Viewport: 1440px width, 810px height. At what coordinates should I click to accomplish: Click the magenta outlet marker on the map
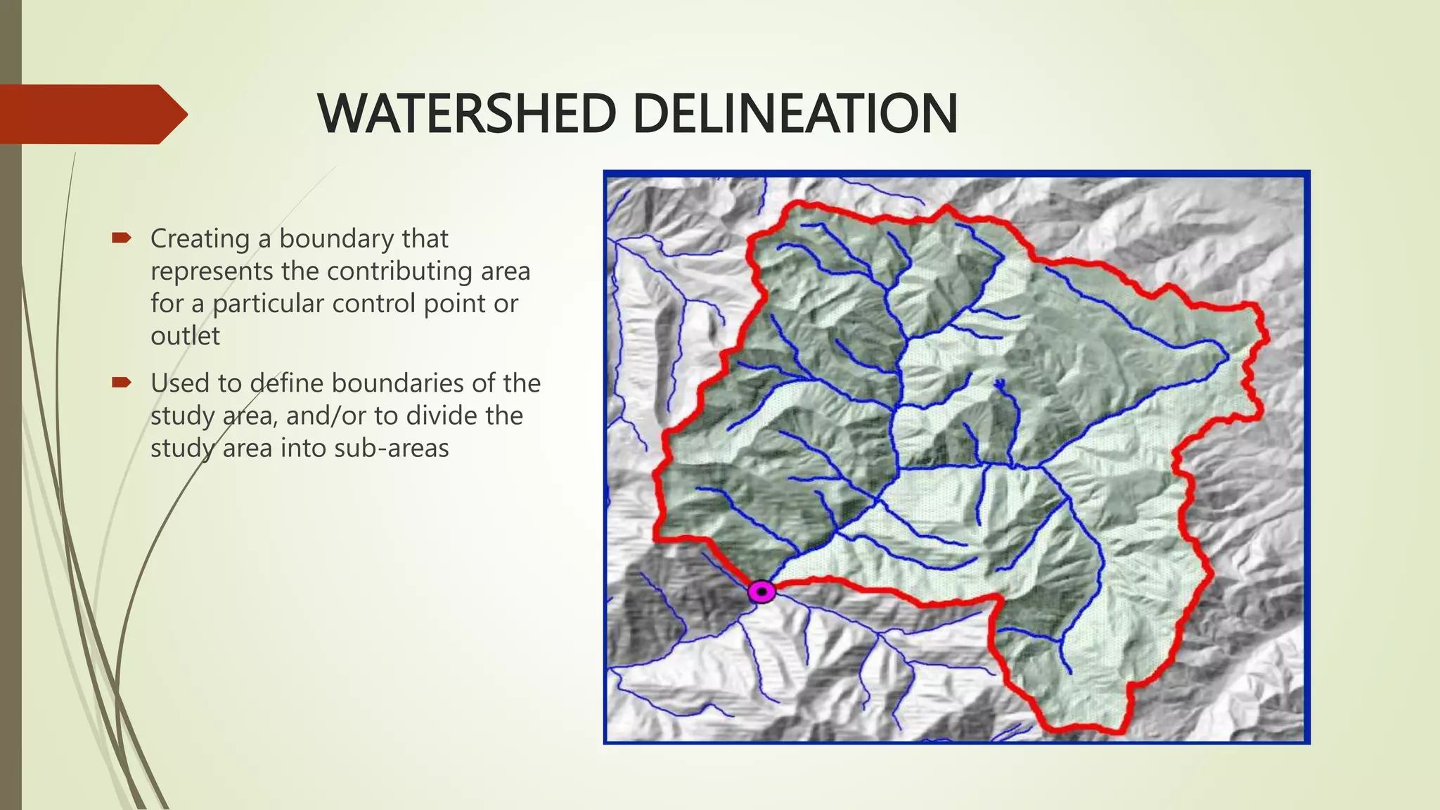tap(761, 591)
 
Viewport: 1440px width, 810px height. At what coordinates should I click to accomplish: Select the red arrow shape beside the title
tap(91, 114)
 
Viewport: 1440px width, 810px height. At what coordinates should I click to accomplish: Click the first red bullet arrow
tap(121, 239)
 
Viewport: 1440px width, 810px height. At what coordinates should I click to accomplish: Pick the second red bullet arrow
tap(121, 383)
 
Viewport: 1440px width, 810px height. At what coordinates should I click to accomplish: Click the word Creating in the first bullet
tap(200, 239)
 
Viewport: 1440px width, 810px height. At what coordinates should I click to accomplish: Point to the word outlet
tap(185, 336)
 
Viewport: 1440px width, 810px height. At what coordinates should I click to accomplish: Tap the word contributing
tap(397, 271)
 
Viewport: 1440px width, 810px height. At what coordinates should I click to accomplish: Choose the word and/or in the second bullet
tap(326, 416)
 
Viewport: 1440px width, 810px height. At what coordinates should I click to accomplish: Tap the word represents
tap(211, 271)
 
